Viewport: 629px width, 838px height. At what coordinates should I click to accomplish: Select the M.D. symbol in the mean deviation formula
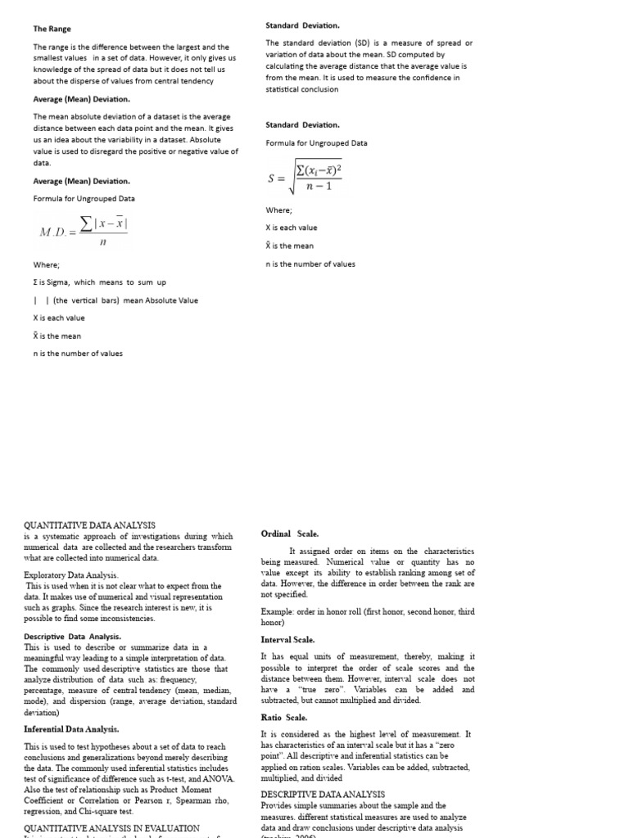coord(55,232)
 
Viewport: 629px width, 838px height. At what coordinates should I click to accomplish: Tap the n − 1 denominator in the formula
coord(318,187)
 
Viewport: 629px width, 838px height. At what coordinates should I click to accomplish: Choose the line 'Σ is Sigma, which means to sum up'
coord(99,282)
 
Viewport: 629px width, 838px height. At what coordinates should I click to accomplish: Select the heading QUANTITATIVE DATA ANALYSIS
coord(89,525)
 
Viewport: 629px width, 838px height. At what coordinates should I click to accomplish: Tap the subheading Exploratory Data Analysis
coord(71,575)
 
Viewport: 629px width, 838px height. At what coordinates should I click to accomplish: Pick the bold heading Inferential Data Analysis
coord(71,728)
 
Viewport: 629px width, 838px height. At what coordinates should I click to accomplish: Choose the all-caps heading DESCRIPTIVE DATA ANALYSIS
coord(323,794)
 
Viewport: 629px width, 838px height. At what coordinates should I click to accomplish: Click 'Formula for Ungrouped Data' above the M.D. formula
coord(84,199)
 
